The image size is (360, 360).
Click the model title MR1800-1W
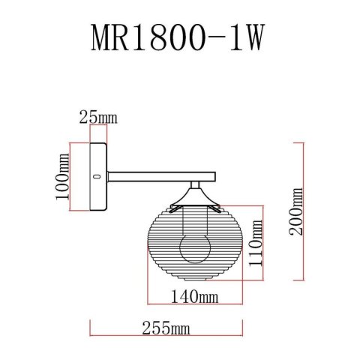click(x=178, y=37)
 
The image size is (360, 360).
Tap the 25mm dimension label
click(x=98, y=117)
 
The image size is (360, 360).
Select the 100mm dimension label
click(x=62, y=176)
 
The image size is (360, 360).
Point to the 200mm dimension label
click(x=295, y=211)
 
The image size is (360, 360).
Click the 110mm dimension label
click(x=256, y=243)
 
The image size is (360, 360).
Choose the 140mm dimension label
click(x=194, y=297)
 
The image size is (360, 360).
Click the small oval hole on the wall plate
click(x=97, y=176)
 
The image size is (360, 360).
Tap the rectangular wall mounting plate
click(x=98, y=176)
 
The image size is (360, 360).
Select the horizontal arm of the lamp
click(x=161, y=176)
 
